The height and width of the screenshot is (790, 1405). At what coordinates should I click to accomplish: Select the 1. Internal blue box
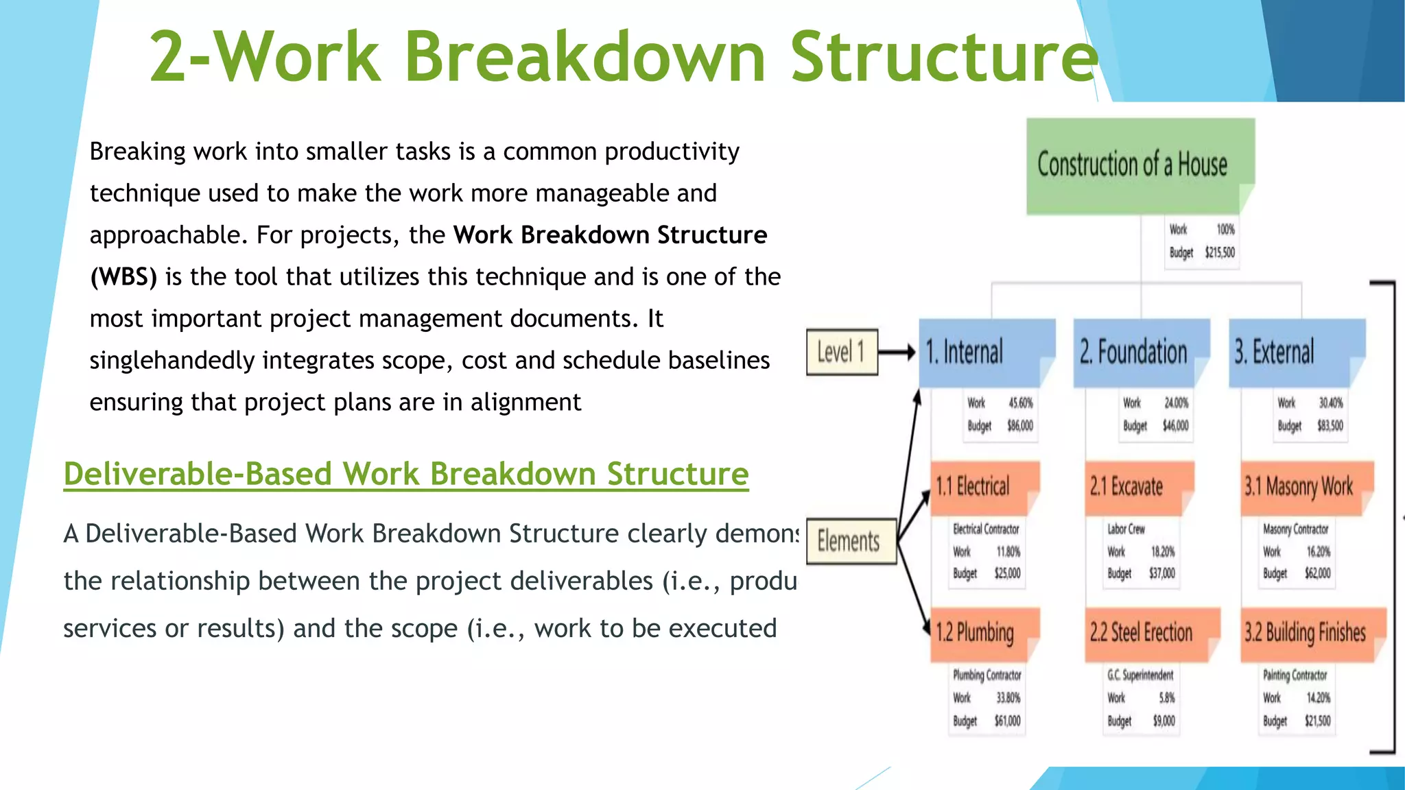(x=984, y=352)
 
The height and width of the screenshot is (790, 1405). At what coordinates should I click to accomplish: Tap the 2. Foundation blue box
(x=1139, y=352)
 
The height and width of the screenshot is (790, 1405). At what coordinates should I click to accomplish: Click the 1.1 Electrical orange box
(x=983, y=487)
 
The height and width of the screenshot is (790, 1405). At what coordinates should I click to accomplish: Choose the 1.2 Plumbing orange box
(x=983, y=632)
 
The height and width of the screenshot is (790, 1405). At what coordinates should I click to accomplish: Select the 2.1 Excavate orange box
(x=1137, y=487)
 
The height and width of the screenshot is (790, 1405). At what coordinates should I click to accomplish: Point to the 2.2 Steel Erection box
(x=1150, y=632)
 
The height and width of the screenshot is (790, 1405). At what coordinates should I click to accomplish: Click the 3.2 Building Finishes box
(x=1311, y=632)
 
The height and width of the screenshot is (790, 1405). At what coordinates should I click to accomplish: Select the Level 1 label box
(x=842, y=352)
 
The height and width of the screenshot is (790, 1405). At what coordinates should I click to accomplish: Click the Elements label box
(x=851, y=542)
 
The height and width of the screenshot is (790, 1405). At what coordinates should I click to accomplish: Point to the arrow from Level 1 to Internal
(x=897, y=352)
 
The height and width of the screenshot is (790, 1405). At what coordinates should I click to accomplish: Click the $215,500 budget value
(x=1220, y=252)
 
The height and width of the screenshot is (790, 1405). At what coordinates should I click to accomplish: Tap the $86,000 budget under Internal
(x=1019, y=426)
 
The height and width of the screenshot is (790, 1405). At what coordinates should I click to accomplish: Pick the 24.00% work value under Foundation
(x=1176, y=403)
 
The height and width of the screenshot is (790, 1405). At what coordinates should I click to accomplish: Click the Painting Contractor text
(x=1295, y=675)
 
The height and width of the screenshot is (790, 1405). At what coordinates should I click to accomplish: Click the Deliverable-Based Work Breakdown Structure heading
(x=405, y=474)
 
